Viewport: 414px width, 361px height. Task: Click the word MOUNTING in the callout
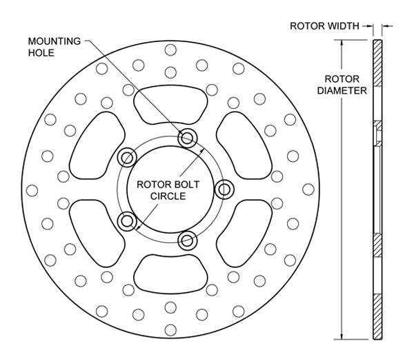pos(54,41)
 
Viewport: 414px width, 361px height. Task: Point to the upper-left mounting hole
pos(127,158)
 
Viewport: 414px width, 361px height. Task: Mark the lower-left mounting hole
pos(126,221)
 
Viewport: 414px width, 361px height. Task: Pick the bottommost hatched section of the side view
pos(376,317)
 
